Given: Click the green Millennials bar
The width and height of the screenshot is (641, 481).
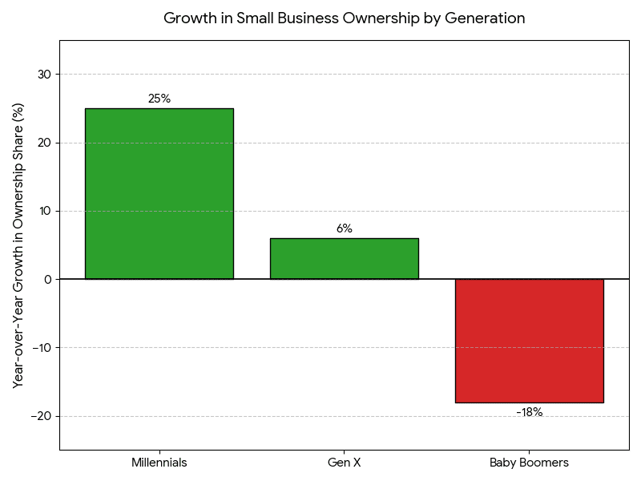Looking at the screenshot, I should point(159,193).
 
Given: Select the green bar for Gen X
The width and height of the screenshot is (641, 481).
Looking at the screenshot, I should point(344,258).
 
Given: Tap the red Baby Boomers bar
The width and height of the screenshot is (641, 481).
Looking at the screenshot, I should point(529,341).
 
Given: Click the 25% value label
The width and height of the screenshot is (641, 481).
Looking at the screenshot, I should point(159,99).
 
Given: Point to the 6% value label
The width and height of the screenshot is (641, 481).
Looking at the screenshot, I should point(344,228).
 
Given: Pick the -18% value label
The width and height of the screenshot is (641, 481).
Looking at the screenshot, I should point(529,412).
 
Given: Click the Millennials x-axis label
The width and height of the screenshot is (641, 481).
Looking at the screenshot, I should point(159,463).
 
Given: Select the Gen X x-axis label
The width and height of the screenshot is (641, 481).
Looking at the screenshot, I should point(344,463).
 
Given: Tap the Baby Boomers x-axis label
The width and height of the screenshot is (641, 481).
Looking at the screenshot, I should point(529,463).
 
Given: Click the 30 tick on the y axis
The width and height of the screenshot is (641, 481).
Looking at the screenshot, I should point(43,75).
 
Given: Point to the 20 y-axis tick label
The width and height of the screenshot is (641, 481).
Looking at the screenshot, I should point(43,143).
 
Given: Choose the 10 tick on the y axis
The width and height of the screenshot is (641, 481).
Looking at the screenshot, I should point(44,211).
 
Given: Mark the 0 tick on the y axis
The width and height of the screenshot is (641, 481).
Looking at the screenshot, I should point(47,279).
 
